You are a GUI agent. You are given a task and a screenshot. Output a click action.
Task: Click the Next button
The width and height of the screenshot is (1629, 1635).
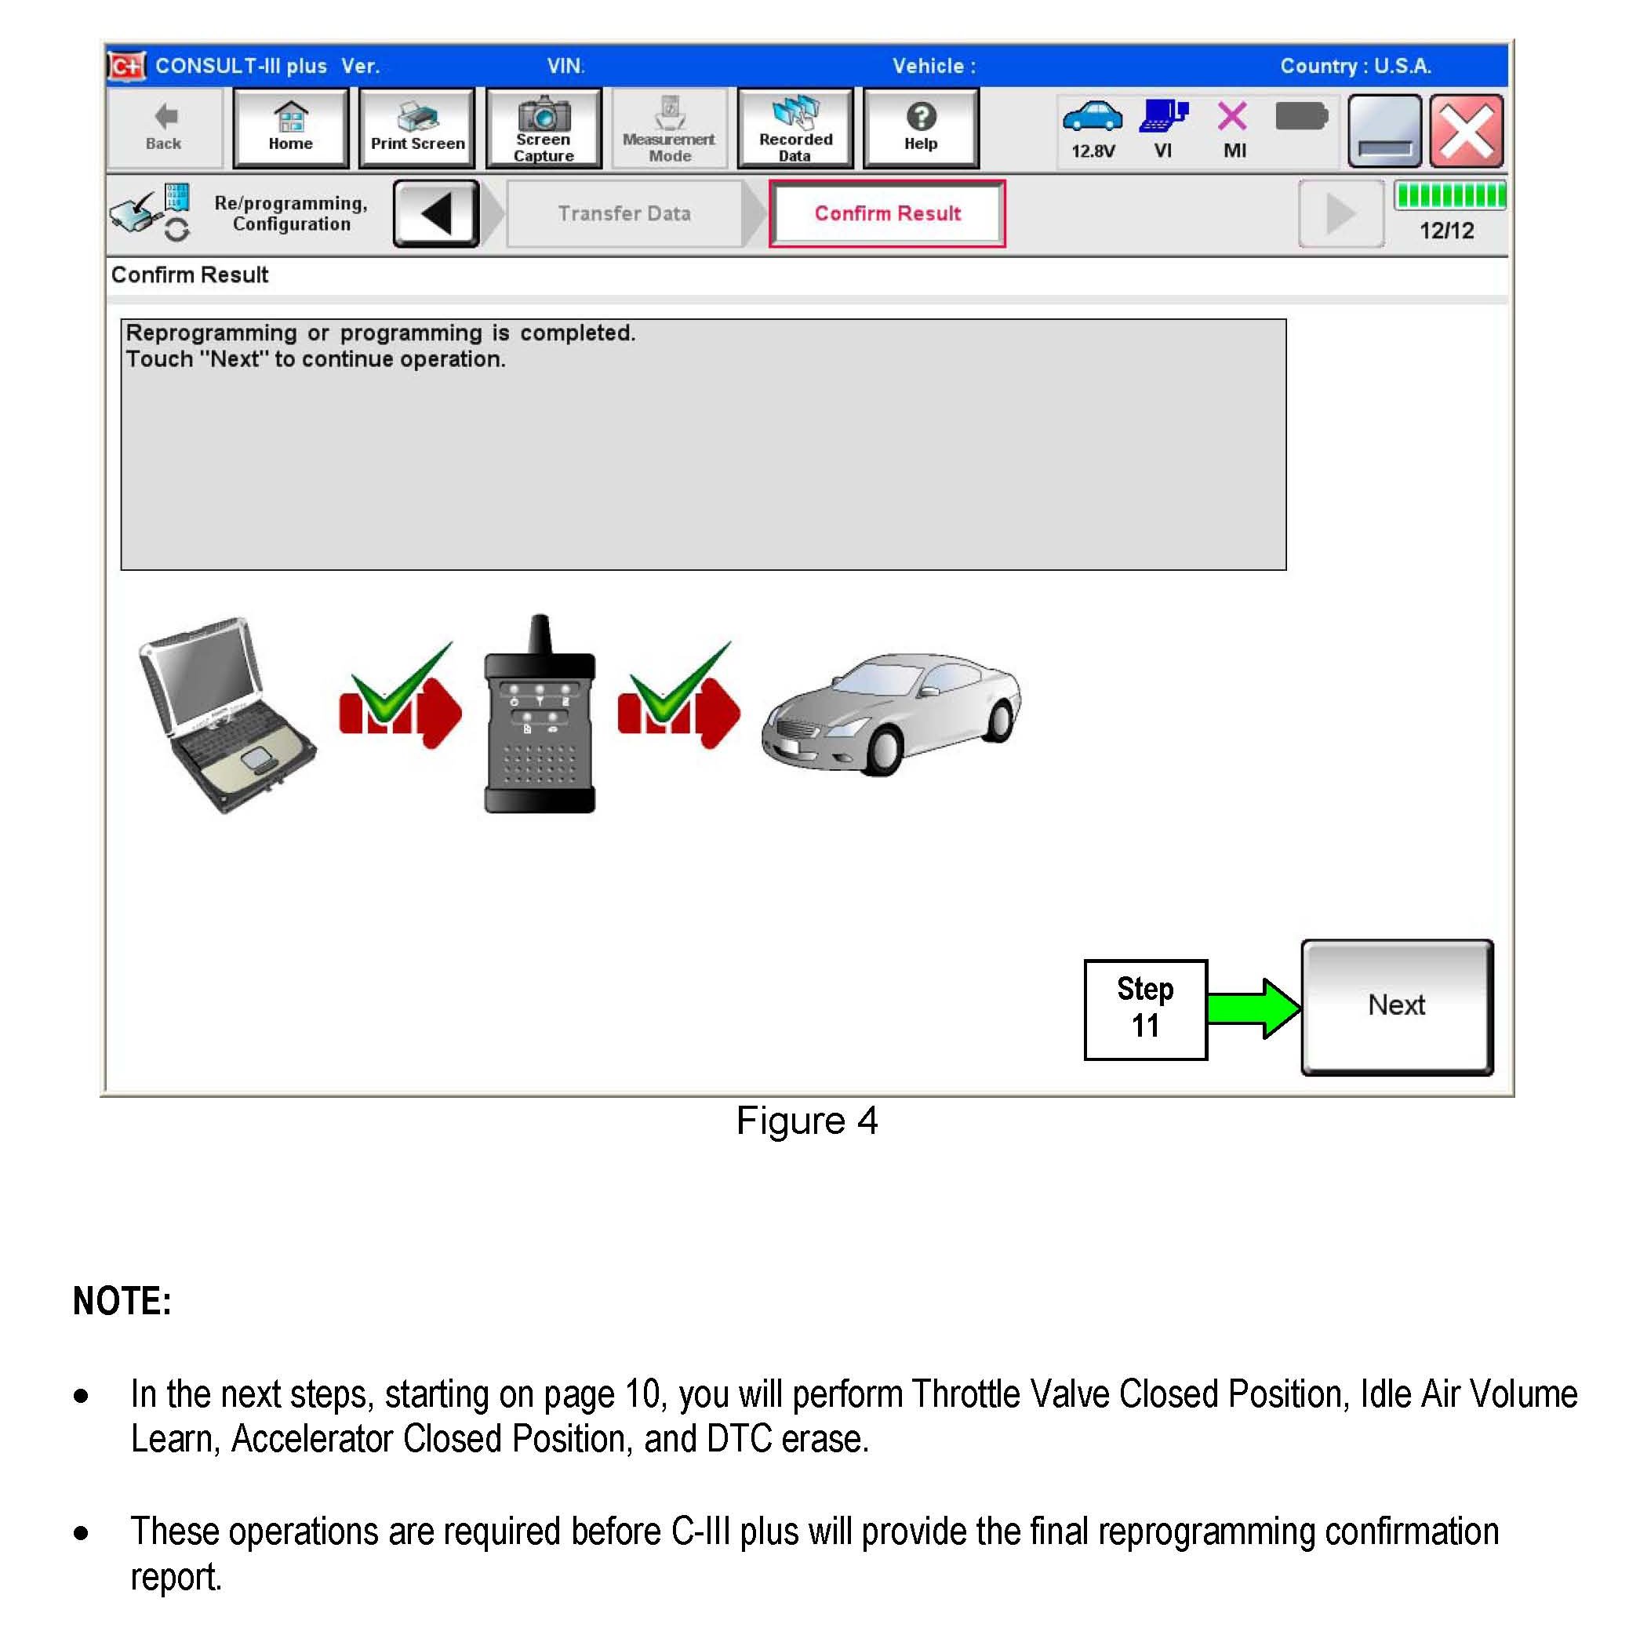coord(1396,1006)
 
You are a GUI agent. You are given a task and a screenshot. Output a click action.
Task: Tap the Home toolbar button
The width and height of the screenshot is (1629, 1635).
coord(290,129)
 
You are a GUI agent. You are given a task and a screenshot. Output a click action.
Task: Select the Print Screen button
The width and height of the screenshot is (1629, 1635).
coord(417,129)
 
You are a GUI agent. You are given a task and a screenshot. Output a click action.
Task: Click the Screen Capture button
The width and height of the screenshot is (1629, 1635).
coord(544,129)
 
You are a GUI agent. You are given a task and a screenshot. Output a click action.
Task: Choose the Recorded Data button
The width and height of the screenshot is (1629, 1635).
coord(795,129)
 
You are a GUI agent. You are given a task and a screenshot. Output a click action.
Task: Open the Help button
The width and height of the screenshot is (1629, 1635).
coord(921,129)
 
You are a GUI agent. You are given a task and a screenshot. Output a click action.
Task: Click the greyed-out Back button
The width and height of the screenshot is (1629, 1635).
coord(164,129)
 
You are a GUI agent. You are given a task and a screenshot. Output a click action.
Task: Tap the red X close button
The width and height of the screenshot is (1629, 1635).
coord(1466,131)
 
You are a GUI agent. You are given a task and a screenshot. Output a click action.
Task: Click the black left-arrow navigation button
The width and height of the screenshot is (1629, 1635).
coord(437,213)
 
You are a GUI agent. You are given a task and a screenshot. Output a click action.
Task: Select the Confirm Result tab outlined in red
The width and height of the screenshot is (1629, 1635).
coord(887,213)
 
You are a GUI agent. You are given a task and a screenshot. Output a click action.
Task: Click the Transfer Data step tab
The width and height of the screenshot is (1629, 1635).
coord(624,213)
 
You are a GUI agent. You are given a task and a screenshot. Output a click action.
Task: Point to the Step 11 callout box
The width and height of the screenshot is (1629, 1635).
coord(1145,1008)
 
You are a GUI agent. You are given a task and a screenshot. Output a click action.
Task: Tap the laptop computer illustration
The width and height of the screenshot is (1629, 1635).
coord(227,715)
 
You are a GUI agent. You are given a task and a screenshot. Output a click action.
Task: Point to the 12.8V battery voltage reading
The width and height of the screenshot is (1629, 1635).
coord(1093,151)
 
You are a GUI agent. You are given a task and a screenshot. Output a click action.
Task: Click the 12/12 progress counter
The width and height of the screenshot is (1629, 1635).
coord(1446,231)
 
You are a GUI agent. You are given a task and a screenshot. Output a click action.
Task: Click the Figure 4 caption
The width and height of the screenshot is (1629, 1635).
coord(806,1121)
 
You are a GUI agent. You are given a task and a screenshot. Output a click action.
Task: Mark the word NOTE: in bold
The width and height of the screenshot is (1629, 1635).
coord(122,1301)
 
